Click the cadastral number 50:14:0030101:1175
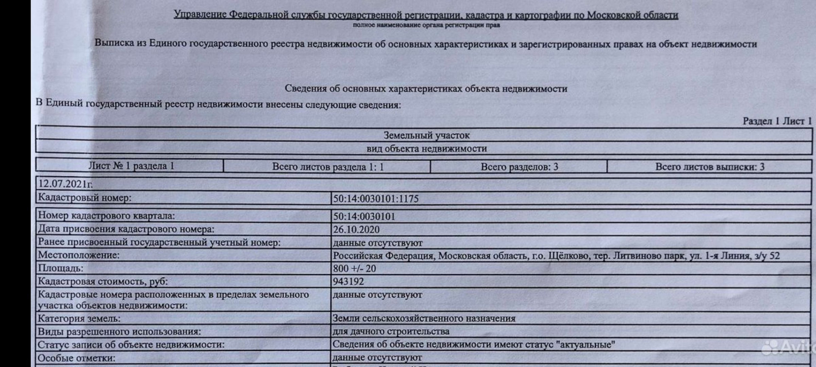tap(376, 199)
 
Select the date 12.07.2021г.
tap(65, 184)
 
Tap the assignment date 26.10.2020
tap(356, 230)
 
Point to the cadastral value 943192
tap(348, 282)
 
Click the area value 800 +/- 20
tap(354, 268)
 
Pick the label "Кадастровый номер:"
tap(85, 198)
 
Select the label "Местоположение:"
tap(79, 255)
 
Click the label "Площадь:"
tap(60, 268)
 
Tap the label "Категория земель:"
tap(79, 319)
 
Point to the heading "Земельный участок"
tap(426, 136)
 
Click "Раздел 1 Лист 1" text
tap(777, 121)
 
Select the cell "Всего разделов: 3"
tap(519, 167)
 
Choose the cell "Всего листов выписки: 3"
tap(709, 167)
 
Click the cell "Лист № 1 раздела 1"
tap(131, 166)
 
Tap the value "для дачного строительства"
tap(391, 331)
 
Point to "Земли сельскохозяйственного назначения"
tap(424, 319)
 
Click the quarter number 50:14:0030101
tap(364, 217)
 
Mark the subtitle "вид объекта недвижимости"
tap(426, 149)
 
